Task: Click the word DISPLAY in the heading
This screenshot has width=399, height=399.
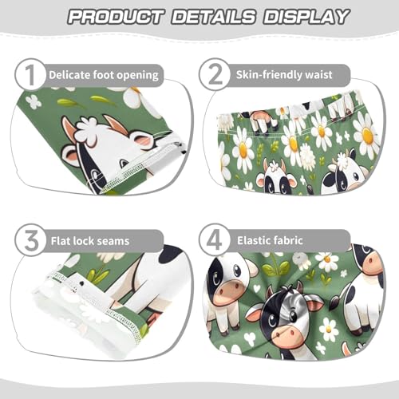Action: [x=304, y=17]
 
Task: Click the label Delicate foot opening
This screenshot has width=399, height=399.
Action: [x=104, y=75]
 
